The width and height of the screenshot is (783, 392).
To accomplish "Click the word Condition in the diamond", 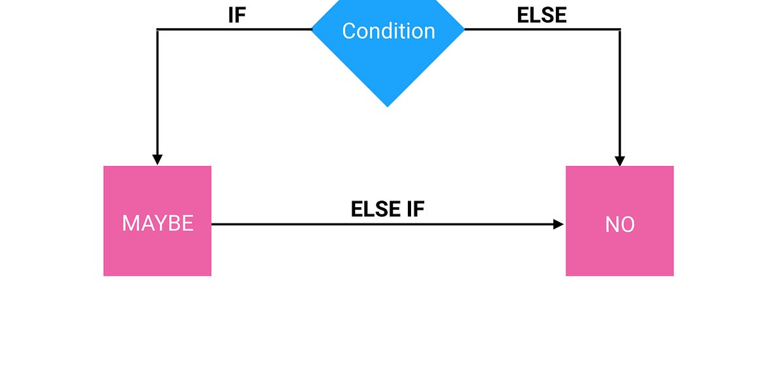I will coord(388,31).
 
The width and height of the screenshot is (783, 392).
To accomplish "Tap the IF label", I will coord(236,16).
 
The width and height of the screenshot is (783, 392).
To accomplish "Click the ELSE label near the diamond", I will coord(542,16).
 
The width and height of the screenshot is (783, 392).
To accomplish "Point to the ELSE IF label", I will coord(388,209).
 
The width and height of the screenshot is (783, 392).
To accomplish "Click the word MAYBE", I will coord(157,223).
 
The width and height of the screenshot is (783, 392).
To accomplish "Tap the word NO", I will coord(619,225).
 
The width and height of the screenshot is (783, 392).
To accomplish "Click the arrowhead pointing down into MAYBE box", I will coord(157,160).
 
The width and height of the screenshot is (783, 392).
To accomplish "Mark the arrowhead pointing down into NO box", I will coord(620,160).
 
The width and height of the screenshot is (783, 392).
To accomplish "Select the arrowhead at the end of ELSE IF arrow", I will coord(559,224).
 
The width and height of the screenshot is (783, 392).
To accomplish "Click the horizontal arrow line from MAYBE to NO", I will coord(385,224).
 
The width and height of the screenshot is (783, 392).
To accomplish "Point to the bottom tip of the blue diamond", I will coord(388,106).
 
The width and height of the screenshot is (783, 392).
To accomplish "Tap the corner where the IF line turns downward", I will coord(158,29).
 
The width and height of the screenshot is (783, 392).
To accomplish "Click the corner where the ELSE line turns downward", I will coord(620,29).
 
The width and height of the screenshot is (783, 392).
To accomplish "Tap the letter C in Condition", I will coord(349,31).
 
